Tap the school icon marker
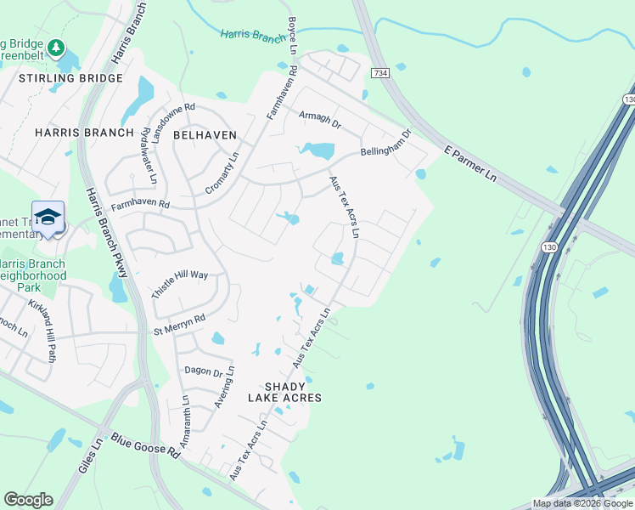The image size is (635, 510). [x=48, y=217]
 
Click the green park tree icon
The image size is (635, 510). [x=56, y=47]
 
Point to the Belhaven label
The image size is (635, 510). [x=204, y=134]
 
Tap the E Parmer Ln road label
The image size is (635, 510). [x=470, y=167]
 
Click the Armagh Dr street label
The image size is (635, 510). [x=319, y=119]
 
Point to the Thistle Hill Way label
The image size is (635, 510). [x=179, y=280]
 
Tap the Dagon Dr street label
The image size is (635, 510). [x=204, y=372]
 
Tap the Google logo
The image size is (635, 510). [x=28, y=500]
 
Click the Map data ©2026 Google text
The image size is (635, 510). [x=582, y=504]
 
